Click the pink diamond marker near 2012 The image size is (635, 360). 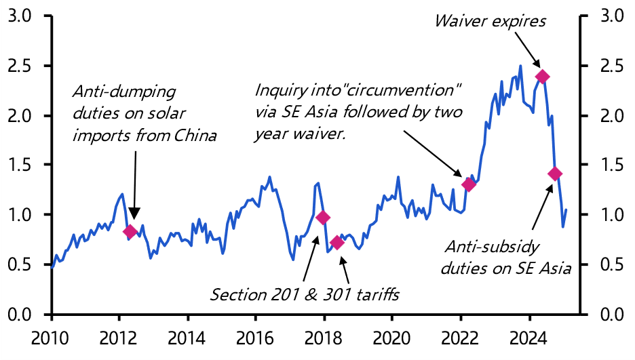[x=131, y=232]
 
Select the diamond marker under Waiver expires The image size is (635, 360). [x=541, y=77]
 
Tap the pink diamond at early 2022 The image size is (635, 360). [x=469, y=184]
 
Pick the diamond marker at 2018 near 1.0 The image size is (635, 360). [x=323, y=217]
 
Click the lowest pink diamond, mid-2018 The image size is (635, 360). [x=337, y=243]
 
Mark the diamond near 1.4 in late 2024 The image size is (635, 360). [x=555, y=174]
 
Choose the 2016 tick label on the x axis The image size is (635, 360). [x=255, y=336]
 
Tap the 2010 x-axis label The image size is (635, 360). [x=51, y=336]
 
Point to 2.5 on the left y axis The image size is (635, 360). [x=20, y=66]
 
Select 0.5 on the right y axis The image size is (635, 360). [x=609, y=264]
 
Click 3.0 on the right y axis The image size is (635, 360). [x=609, y=16]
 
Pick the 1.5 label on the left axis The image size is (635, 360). [x=20, y=165]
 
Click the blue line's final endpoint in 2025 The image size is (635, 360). [x=566, y=209]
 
